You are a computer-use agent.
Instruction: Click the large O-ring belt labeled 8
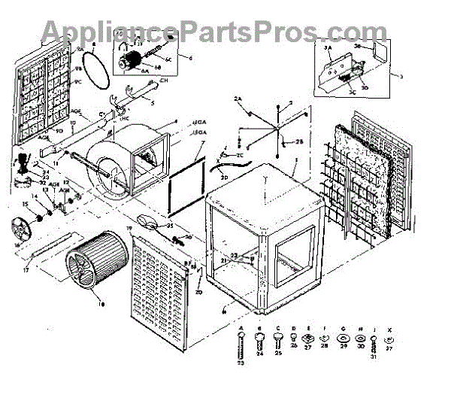coord(92,66)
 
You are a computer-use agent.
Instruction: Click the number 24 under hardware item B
coord(261,354)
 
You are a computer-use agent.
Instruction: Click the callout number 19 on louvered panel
coord(130,226)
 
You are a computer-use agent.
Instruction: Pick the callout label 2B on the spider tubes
coord(298,142)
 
